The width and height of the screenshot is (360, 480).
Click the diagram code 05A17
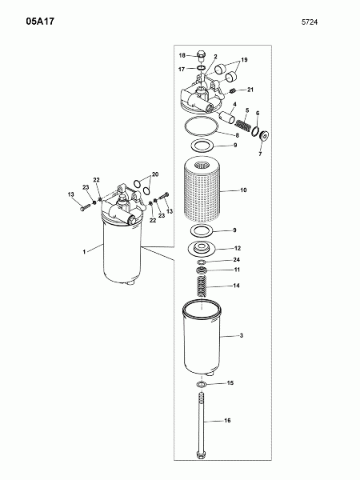click(x=40, y=22)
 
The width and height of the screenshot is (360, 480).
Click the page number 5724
click(x=310, y=22)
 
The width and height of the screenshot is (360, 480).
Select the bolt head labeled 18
click(x=201, y=54)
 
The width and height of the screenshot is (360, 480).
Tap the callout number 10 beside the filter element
click(x=243, y=190)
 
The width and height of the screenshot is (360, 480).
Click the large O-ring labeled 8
click(x=202, y=126)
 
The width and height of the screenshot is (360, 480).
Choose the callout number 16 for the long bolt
click(x=227, y=421)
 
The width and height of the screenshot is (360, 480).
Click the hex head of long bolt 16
click(x=202, y=454)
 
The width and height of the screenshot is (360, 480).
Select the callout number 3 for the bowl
click(x=242, y=336)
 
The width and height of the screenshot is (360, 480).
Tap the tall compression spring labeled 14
click(x=201, y=286)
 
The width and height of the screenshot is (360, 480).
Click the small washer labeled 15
click(x=201, y=385)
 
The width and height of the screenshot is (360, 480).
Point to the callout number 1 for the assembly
click(x=84, y=252)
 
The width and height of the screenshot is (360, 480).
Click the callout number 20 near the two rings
click(x=155, y=174)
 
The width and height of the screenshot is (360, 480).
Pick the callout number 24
click(x=236, y=259)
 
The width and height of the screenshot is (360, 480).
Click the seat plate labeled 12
click(x=202, y=248)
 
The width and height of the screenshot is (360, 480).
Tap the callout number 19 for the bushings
click(x=244, y=60)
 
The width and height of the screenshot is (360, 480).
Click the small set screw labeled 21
click(x=232, y=90)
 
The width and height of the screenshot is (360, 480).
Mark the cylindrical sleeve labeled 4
click(x=227, y=117)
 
